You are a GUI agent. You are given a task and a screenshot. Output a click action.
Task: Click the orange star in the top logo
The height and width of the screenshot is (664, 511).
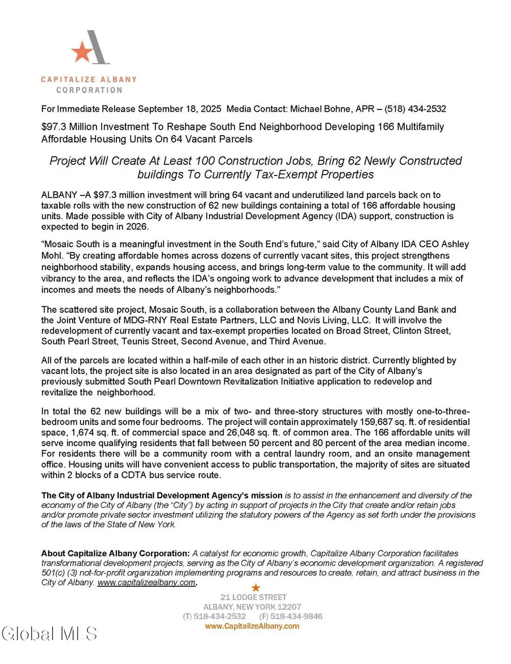point(82,53)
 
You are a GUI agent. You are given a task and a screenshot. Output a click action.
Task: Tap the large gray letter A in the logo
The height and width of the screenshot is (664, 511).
point(98,47)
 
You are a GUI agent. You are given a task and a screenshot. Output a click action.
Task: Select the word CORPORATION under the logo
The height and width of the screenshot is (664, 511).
point(89,90)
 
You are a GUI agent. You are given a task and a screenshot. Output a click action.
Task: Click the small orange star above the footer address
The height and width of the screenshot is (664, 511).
point(256,587)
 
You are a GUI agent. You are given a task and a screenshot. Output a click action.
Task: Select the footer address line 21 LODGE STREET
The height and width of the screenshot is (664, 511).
point(254,597)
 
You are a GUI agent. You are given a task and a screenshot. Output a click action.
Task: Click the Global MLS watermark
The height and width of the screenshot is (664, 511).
point(49,633)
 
